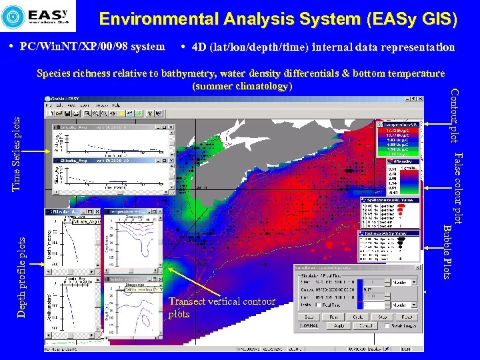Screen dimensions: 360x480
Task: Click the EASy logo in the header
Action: tap(39, 16)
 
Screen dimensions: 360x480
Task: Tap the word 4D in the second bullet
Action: tap(198, 47)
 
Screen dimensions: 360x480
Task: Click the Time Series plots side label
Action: tap(18, 153)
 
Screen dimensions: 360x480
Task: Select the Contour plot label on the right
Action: tap(454, 115)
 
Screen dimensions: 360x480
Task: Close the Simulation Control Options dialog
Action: tap(417, 267)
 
